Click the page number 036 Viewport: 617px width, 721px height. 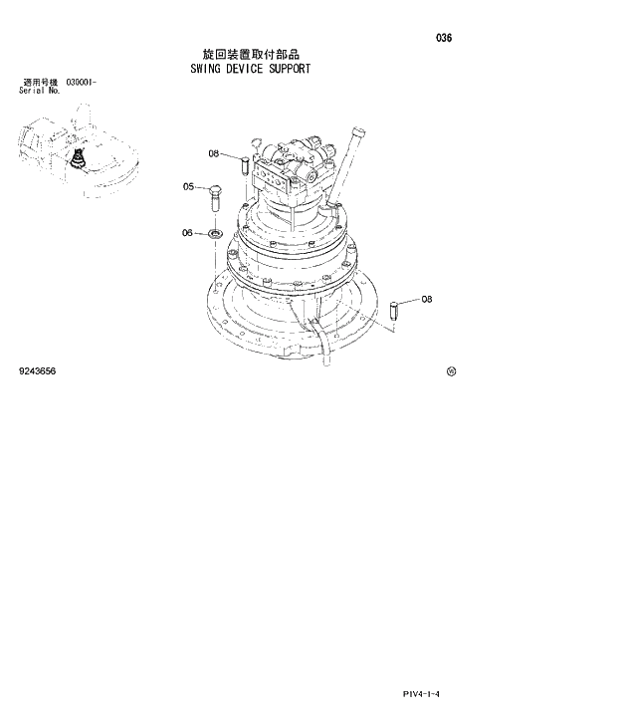444,38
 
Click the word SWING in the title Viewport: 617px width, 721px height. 207,70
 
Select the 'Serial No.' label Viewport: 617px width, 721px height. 40,90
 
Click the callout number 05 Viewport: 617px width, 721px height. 189,186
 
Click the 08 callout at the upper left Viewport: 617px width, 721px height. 214,153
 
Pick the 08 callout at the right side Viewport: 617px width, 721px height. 426,299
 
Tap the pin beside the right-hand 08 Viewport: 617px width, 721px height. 395,308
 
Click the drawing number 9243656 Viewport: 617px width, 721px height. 37,371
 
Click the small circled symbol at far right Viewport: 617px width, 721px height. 451,371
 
